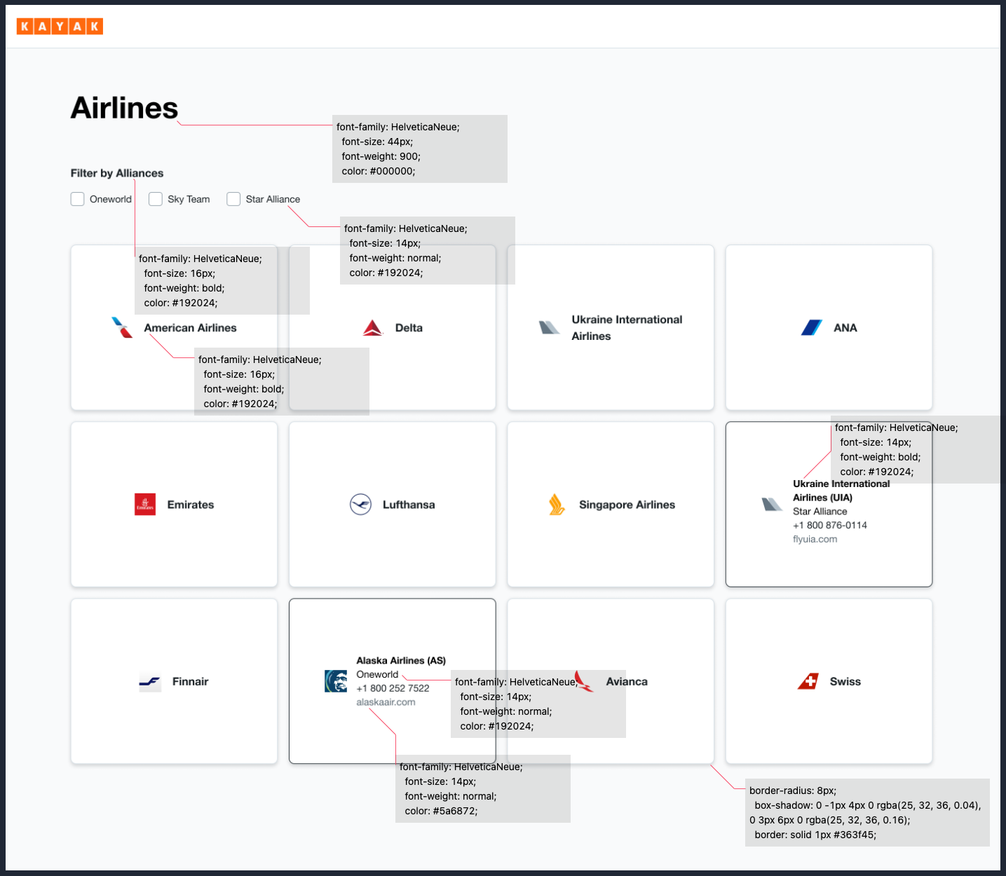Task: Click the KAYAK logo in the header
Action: click(60, 27)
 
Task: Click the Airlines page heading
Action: click(124, 108)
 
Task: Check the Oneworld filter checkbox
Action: click(78, 199)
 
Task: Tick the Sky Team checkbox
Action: click(156, 199)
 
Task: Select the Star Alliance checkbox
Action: click(233, 199)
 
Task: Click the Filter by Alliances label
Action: click(116, 173)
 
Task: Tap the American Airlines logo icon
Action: click(123, 327)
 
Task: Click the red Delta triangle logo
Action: click(373, 327)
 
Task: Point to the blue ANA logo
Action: click(812, 327)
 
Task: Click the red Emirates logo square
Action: click(145, 505)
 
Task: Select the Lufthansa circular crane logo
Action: click(360, 505)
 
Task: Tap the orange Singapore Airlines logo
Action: click(557, 505)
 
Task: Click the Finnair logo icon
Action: click(150, 682)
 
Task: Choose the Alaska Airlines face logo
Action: click(336, 681)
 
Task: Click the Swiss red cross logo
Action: click(808, 681)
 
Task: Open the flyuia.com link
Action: click(815, 539)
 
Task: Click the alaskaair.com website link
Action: click(386, 702)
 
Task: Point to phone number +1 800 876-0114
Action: click(829, 525)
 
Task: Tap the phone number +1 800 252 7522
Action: click(393, 688)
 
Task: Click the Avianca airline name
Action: click(627, 681)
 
